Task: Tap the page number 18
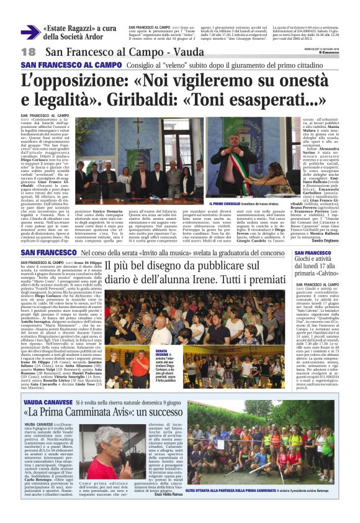(28, 52)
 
